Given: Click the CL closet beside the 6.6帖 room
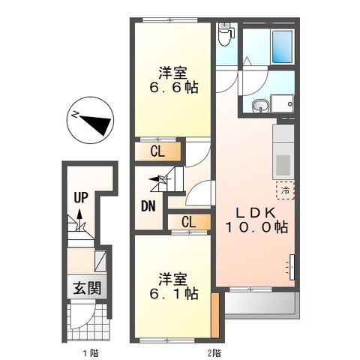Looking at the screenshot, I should point(158,152).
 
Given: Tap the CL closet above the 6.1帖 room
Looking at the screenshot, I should point(188,222).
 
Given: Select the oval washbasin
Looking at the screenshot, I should point(259,106).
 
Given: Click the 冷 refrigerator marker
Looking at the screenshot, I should point(284,190).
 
